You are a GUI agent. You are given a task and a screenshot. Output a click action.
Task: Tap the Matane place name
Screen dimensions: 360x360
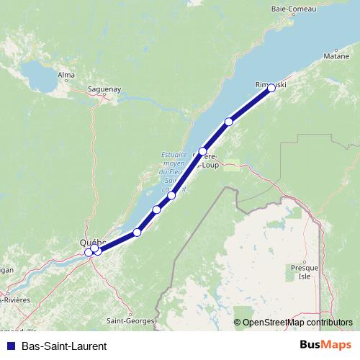tap(336, 55)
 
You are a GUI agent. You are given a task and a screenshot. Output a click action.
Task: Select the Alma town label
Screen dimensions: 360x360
tap(66, 74)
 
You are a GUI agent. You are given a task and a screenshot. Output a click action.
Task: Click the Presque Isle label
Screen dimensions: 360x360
tap(300, 271)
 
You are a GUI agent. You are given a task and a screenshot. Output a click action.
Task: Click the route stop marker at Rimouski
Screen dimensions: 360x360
tap(271, 88)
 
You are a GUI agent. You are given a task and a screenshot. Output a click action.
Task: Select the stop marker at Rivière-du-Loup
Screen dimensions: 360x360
tap(203, 151)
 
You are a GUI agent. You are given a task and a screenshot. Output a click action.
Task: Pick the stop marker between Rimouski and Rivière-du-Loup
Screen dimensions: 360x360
tap(229, 122)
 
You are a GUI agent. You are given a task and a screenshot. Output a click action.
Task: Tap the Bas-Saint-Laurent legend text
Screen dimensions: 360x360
tap(64, 346)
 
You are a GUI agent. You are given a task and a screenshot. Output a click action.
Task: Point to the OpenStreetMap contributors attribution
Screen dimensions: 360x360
tap(297, 323)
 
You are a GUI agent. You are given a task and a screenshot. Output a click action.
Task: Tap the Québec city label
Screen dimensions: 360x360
tap(94, 243)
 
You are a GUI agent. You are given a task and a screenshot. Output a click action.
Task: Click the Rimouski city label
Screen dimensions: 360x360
tap(271, 84)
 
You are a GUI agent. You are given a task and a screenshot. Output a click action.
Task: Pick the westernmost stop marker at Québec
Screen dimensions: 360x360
tap(89, 252)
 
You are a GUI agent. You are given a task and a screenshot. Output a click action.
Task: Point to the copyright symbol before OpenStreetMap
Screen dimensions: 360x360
tap(238, 323)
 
